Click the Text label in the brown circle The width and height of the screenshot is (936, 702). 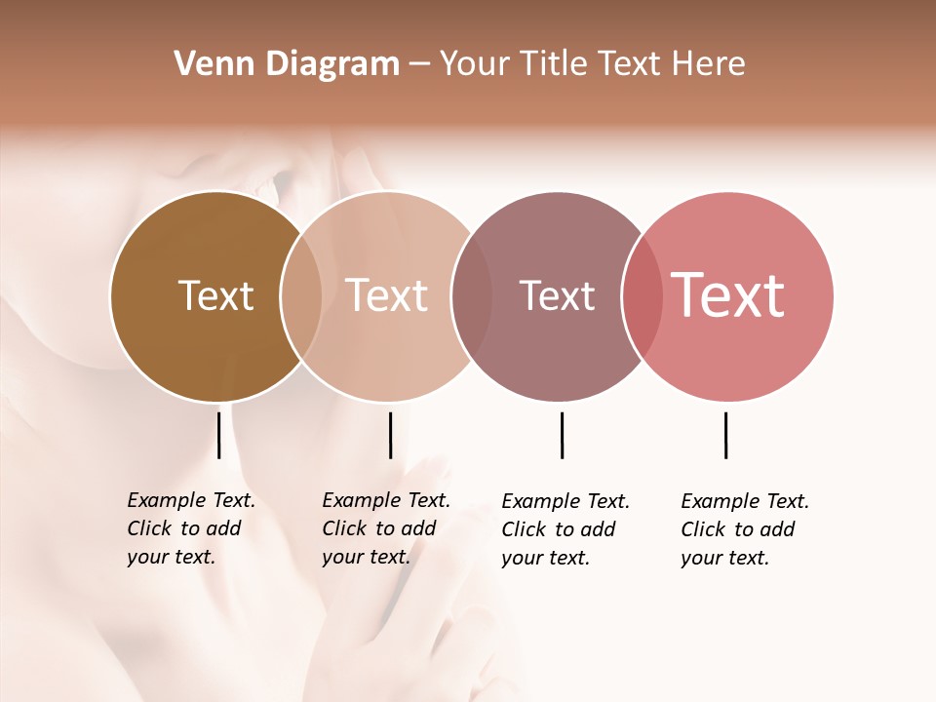215,295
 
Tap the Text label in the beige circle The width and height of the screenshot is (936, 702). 387,295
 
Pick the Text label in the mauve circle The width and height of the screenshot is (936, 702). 557,295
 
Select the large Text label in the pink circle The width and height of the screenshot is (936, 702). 728,295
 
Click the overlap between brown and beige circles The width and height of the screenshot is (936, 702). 301,296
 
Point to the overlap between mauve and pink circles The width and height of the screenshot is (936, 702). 642,296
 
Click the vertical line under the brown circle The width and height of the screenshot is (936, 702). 218,435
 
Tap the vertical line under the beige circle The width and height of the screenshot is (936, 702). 390,435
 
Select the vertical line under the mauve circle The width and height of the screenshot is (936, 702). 562,435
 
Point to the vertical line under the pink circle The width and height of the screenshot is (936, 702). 725,435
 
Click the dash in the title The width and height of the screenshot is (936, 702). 418,64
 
